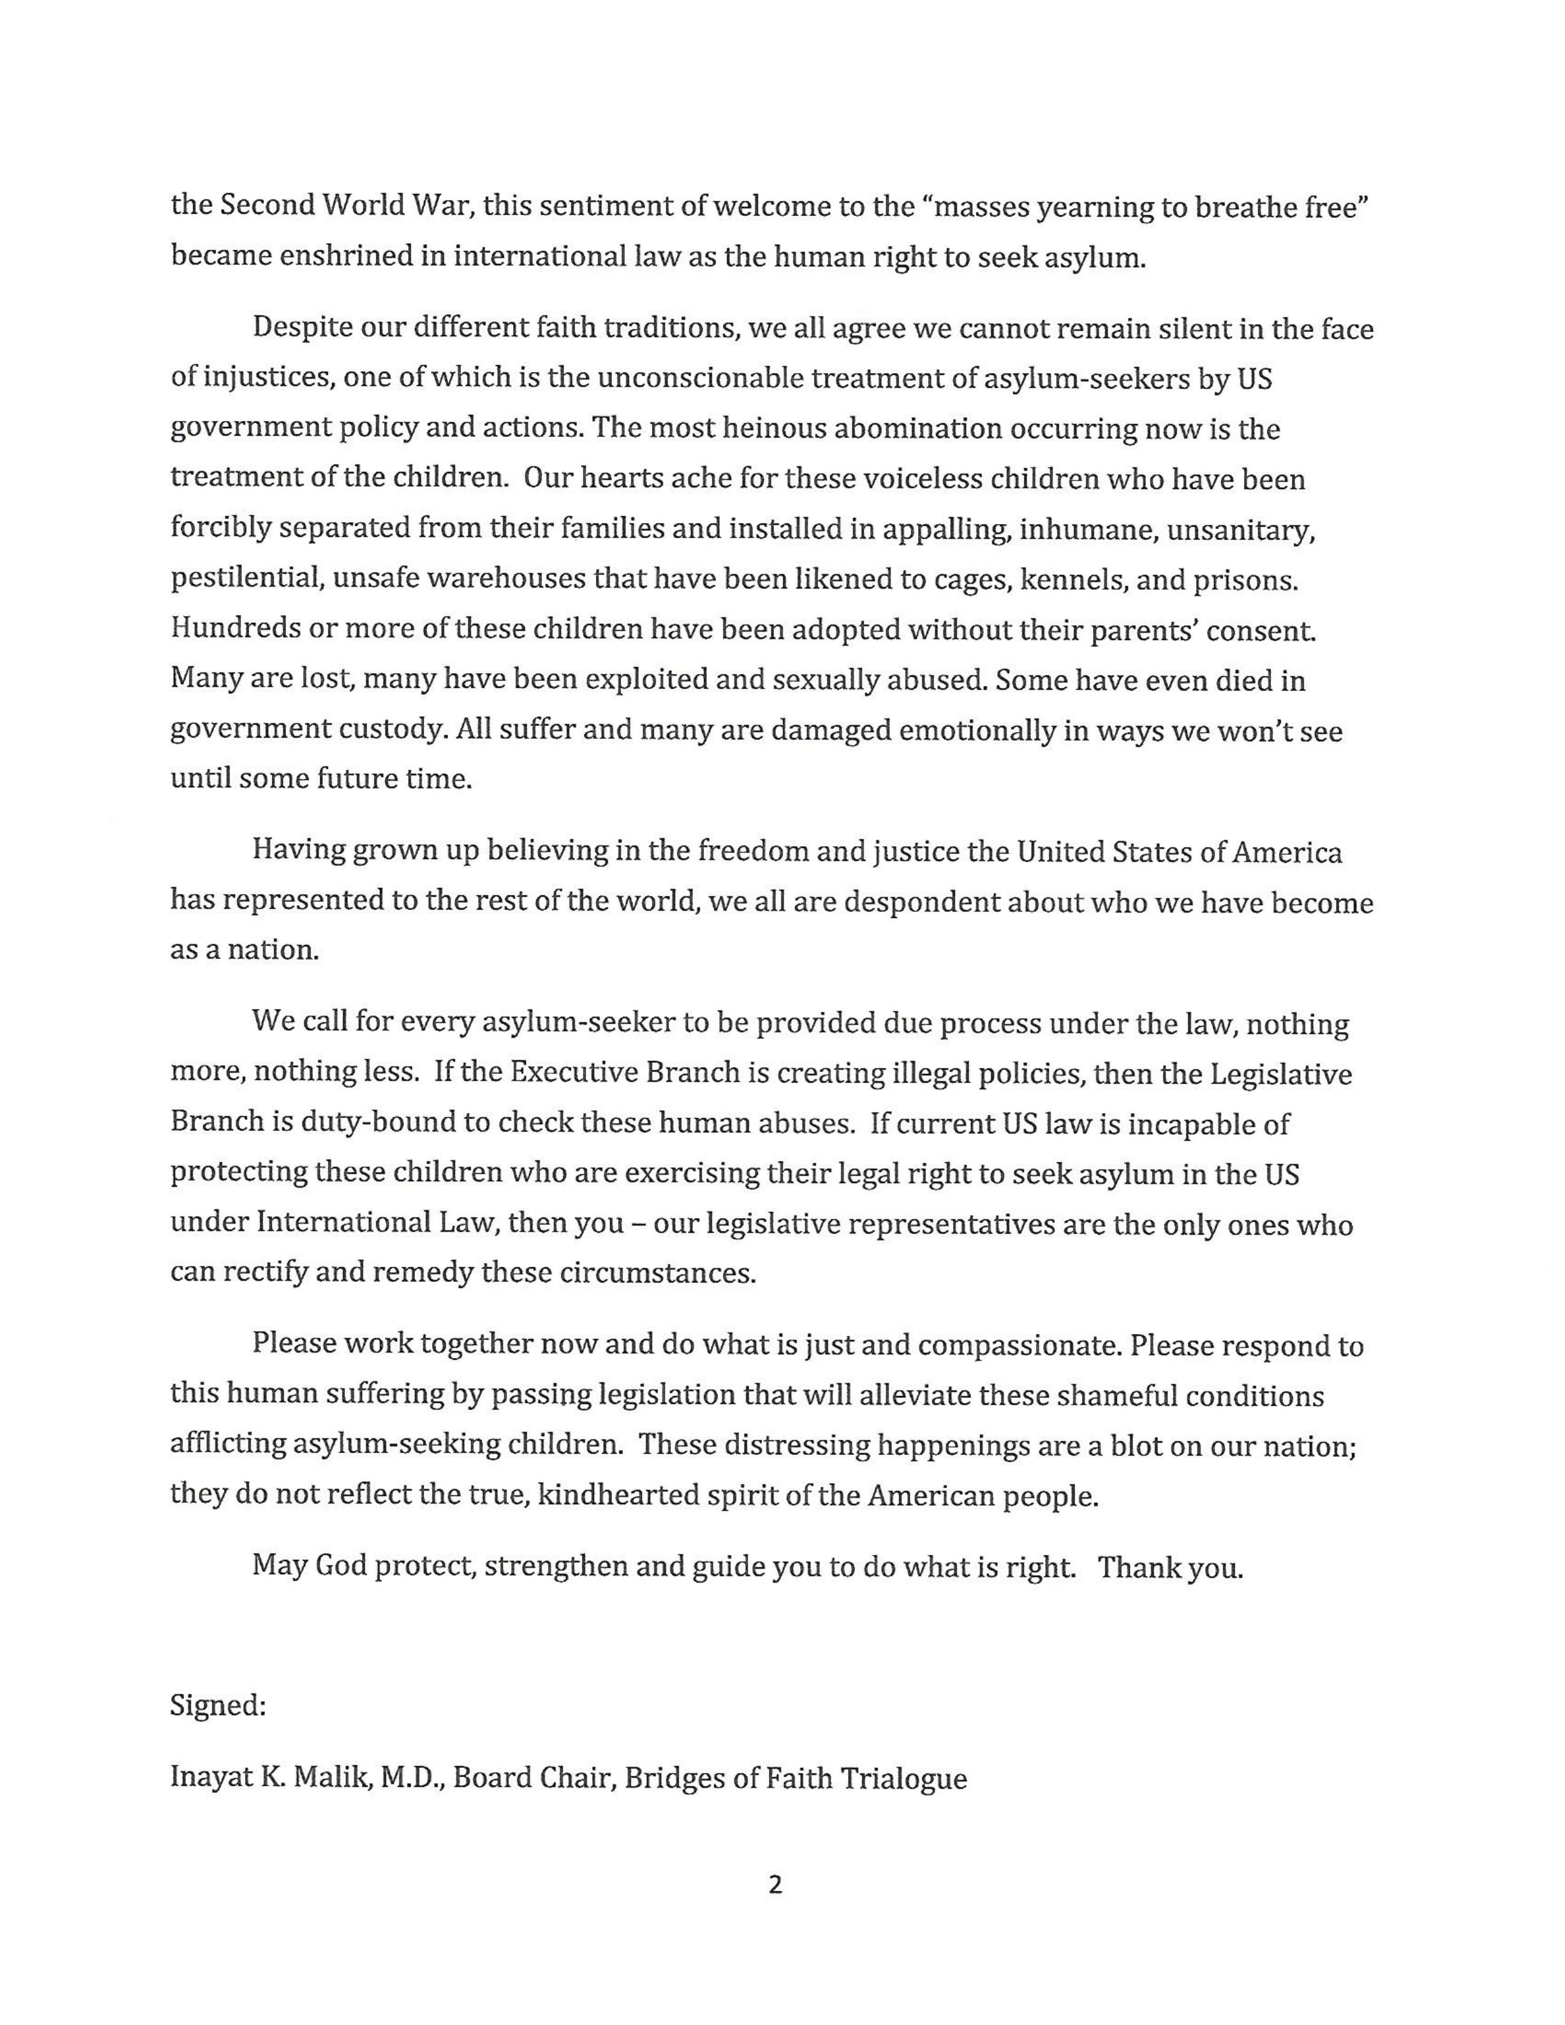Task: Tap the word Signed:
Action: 218,1705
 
